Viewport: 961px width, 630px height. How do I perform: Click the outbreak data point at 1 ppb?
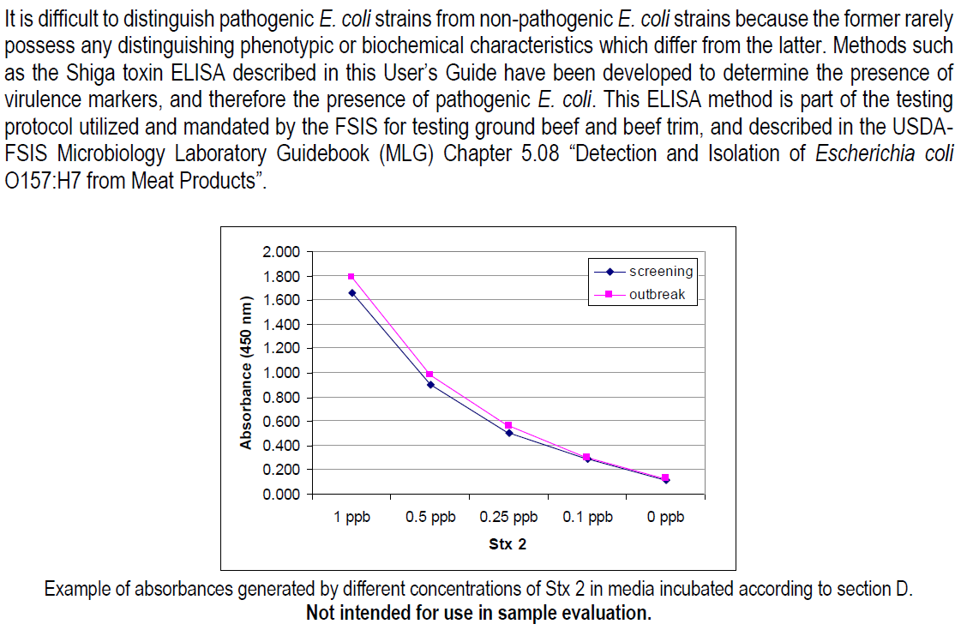click(x=351, y=277)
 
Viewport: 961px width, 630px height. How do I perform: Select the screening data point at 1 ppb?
click(x=351, y=293)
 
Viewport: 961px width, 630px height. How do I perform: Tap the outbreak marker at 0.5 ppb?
click(x=429, y=375)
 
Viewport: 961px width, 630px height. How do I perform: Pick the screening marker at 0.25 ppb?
click(x=508, y=433)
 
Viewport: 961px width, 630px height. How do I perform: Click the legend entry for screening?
click(x=643, y=272)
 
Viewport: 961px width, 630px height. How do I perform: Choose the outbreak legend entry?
click(x=643, y=295)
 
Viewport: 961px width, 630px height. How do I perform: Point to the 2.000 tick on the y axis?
click(x=281, y=252)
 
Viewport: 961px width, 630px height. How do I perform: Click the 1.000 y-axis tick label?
click(x=281, y=373)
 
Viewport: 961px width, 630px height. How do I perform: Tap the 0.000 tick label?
click(x=281, y=495)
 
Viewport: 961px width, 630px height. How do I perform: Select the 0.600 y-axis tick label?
click(x=281, y=422)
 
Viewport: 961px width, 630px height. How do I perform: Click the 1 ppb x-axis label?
click(x=351, y=517)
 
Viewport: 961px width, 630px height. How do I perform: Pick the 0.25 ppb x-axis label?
click(x=508, y=517)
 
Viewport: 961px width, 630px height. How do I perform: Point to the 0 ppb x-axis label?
click(x=665, y=517)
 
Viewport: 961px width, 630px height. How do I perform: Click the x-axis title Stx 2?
click(x=508, y=544)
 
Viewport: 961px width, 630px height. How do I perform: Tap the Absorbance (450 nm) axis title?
click(x=245, y=372)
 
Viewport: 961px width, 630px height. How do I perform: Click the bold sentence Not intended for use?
click(x=478, y=613)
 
